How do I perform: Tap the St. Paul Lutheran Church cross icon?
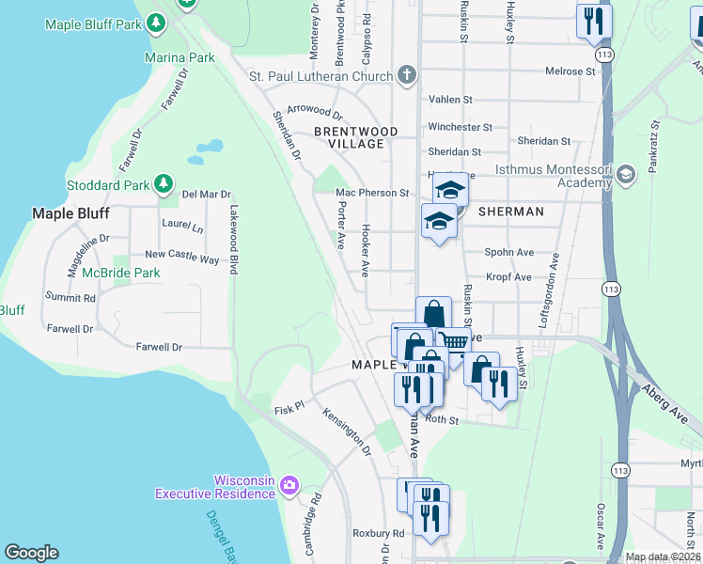click(x=406, y=75)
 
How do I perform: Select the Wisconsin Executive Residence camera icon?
click(x=289, y=485)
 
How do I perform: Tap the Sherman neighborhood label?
click(x=510, y=211)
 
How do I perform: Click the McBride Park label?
click(x=120, y=273)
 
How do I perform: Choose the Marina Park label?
click(x=180, y=57)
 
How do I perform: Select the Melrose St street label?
click(x=572, y=70)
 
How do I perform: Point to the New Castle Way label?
click(x=181, y=257)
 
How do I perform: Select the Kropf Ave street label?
click(x=509, y=277)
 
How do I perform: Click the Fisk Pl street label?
click(x=289, y=409)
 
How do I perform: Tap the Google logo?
click(x=31, y=553)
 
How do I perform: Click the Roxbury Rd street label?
click(x=378, y=533)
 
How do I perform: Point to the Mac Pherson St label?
click(x=373, y=193)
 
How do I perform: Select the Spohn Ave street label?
click(x=509, y=252)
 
